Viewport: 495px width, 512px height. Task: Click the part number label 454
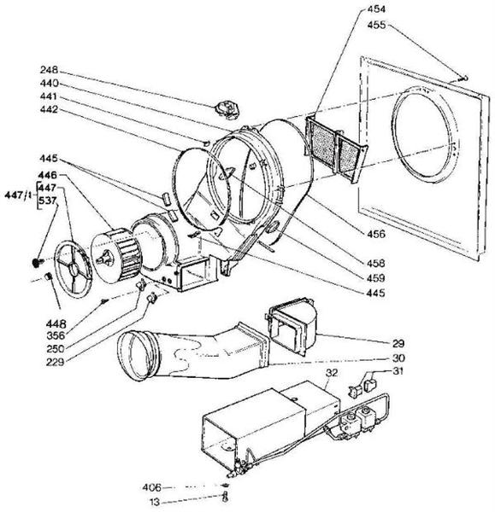376,9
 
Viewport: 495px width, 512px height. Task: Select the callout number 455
376,25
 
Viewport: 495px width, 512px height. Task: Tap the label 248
49,70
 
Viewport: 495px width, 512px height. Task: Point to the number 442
49,109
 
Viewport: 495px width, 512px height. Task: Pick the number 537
48,201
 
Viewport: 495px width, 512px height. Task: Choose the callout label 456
376,234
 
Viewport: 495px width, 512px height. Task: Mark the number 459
375,278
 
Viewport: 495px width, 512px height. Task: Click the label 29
398,343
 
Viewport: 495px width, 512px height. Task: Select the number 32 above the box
332,373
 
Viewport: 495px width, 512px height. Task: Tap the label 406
152,487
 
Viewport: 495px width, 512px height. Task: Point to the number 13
155,502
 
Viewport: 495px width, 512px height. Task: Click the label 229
55,362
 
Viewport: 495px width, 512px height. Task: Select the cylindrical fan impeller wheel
116,255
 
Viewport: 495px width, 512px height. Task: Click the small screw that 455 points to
464,78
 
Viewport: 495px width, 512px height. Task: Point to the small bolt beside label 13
225,497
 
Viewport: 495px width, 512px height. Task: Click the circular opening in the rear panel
425,135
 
